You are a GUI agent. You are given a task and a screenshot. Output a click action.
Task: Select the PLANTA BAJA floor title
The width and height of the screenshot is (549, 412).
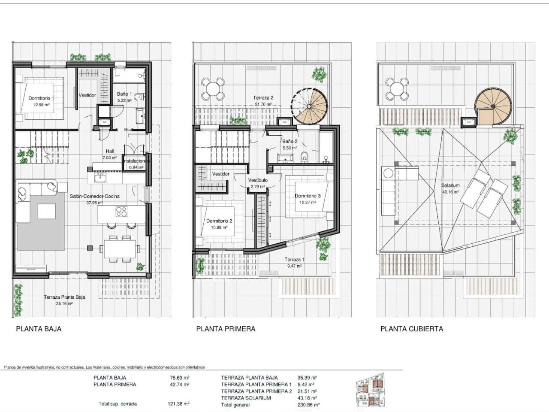click(39, 329)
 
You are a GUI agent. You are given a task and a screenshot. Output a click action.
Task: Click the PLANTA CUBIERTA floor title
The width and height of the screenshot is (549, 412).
click(411, 329)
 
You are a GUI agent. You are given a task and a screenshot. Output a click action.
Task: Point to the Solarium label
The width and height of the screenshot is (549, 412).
click(450, 186)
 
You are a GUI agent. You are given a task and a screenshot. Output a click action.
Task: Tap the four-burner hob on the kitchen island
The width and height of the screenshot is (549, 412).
click(122, 212)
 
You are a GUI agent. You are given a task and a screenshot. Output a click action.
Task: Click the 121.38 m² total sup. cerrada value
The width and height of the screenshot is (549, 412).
click(178, 404)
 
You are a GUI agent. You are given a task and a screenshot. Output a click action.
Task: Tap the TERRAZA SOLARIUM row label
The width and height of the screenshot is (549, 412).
click(246, 398)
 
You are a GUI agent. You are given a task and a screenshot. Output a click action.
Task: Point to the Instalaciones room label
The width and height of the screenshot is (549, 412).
click(136, 161)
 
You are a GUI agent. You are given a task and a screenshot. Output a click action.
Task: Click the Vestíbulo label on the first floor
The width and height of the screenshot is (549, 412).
click(258, 180)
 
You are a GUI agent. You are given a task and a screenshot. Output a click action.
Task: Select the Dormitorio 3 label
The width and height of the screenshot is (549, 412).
click(308, 196)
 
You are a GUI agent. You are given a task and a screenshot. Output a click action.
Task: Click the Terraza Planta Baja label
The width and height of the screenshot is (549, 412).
click(64, 297)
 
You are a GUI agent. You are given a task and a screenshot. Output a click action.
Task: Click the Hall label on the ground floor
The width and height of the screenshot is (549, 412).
click(110, 151)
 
